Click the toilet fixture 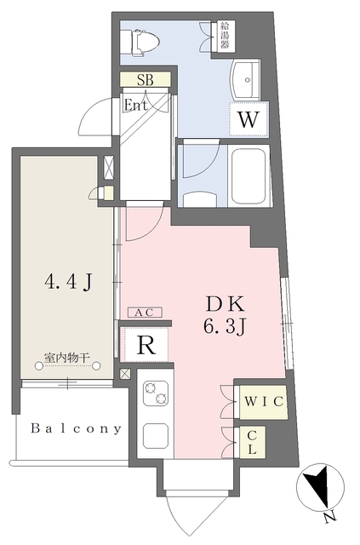pyautogui.click(x=140, y=43)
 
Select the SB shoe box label pyautogui.click(x=145, y=79)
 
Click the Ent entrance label pyautogui.click(x=135, y=105)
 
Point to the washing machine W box pyautogui.click(x=249, y=119)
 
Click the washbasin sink pyautogui.click(x=246, y=80)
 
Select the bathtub pyautogui.click(x=249, y=176)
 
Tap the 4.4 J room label pyautogui.click(x=69, y=282)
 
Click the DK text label pyautogui.click(x=226, y=304)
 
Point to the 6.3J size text pyautogui.click(x=225, y=327)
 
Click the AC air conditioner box pyautogui.click(x=145, y=313)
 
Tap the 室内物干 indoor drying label pyautogui.click(x=67, y=358)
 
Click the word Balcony pyautogui.click(x=76, y=428)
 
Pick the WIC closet pyautogui.click(x=264, y=402)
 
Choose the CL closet pyautogui.click(x=252, y=442)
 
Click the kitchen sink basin pyautogui.click(x=156, y=436)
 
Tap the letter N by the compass pyautogui.click(x=330, y=518)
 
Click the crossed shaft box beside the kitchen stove pyautogui.click(x=125, y=374)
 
